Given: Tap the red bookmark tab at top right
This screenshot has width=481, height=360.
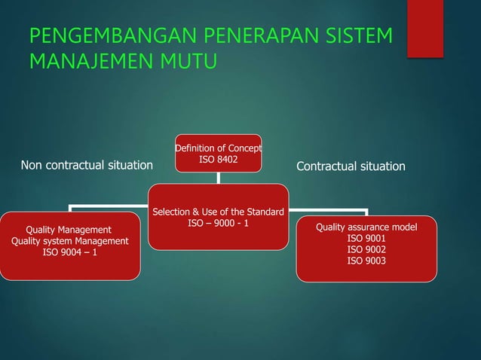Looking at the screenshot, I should [424, 29].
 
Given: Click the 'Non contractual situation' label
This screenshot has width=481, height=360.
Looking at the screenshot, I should [87, 166].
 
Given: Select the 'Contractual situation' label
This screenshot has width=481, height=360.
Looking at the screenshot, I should [351, 166].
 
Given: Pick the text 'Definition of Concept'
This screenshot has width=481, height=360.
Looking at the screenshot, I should [219, 148].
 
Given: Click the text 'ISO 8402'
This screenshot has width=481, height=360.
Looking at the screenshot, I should [219, 159].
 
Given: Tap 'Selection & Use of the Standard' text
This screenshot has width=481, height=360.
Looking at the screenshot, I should [219, 212].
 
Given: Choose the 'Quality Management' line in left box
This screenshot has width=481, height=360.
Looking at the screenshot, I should [69, 230].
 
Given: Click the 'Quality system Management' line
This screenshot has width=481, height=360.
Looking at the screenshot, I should [69, 241].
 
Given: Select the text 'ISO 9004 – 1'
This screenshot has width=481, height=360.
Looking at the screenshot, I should [69, 252].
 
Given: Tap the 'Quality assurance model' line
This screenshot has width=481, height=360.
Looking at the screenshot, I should [366, 227].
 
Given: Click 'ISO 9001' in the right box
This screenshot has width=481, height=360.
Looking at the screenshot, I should [366, 238].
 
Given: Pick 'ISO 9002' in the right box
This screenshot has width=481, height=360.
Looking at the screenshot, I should [366, 249].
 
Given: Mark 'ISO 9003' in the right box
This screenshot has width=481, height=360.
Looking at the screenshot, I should [366, 261].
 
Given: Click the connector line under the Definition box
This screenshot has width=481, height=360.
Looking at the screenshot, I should [219, 178].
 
